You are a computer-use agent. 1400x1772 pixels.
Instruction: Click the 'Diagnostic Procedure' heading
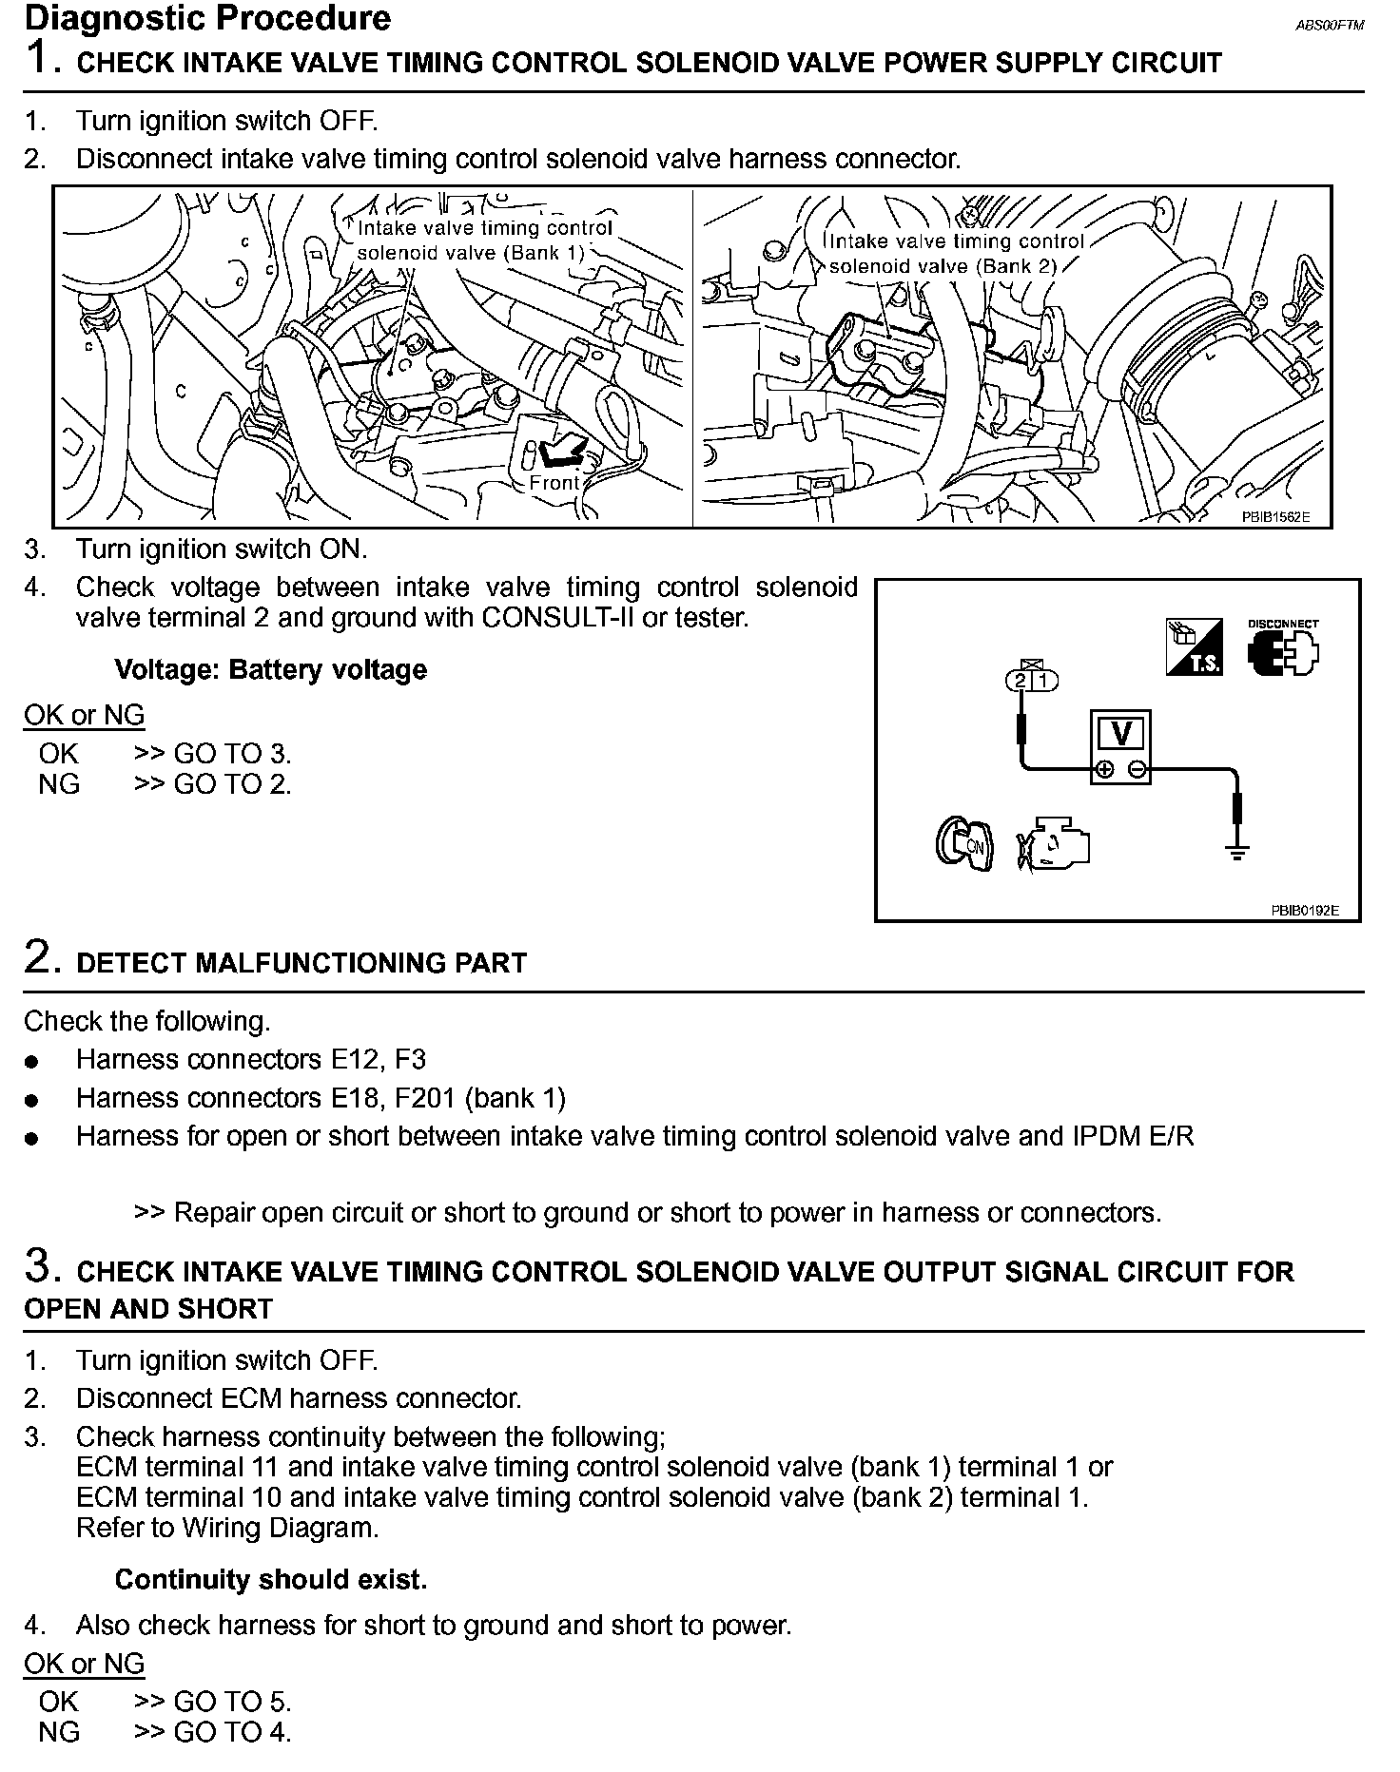206,18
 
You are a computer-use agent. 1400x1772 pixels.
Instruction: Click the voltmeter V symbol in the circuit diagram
1119,734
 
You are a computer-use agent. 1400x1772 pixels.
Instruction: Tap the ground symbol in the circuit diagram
1237,852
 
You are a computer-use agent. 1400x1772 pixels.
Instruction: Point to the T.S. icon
1194,647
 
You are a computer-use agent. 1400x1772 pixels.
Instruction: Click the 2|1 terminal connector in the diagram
1030,679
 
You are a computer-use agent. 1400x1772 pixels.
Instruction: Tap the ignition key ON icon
963,842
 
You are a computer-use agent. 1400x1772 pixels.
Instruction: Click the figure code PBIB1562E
1274,517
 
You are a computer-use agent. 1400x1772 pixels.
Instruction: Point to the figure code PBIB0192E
1304,910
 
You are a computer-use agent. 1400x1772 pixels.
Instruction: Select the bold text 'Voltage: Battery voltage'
270,669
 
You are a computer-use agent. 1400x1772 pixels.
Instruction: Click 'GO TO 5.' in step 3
232,1701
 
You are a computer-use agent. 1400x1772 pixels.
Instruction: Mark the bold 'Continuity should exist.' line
270,1579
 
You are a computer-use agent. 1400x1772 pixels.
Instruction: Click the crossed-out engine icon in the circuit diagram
1052,842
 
